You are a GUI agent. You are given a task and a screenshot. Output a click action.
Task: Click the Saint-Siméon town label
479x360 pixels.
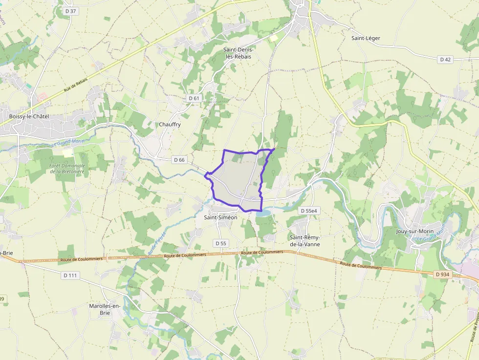click(220, 217)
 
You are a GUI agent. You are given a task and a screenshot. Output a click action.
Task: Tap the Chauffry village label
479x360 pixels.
click(170, 125)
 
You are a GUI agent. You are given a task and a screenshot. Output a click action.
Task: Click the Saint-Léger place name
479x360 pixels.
click(366, 38)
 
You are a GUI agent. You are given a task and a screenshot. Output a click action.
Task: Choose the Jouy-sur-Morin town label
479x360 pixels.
click(415, 231)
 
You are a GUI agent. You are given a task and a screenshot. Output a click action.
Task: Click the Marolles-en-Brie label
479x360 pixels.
click(105, 309)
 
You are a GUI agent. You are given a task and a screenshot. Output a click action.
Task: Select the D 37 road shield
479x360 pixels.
click(71, 11)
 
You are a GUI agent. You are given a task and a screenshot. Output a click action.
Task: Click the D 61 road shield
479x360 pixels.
click(194, 98)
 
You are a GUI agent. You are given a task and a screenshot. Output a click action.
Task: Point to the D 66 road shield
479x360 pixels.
click(179, 160)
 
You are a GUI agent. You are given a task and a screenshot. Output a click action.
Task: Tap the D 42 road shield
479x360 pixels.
click(445, 60)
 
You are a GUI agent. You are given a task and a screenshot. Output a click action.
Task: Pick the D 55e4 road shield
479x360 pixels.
click(309, 211)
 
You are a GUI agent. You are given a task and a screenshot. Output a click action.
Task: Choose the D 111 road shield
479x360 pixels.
click(70, 275)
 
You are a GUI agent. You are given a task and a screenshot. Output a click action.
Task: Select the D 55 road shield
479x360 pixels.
click(221, 243)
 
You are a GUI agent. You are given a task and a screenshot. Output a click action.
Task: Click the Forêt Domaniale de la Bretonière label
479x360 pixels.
click(67, 169)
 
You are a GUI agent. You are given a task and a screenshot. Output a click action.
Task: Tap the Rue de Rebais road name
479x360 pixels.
click(76, 85)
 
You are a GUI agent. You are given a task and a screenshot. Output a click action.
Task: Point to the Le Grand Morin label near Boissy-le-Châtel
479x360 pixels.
click(68, 143)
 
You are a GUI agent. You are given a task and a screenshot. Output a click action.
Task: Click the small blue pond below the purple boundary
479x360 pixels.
click(262, 213)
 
